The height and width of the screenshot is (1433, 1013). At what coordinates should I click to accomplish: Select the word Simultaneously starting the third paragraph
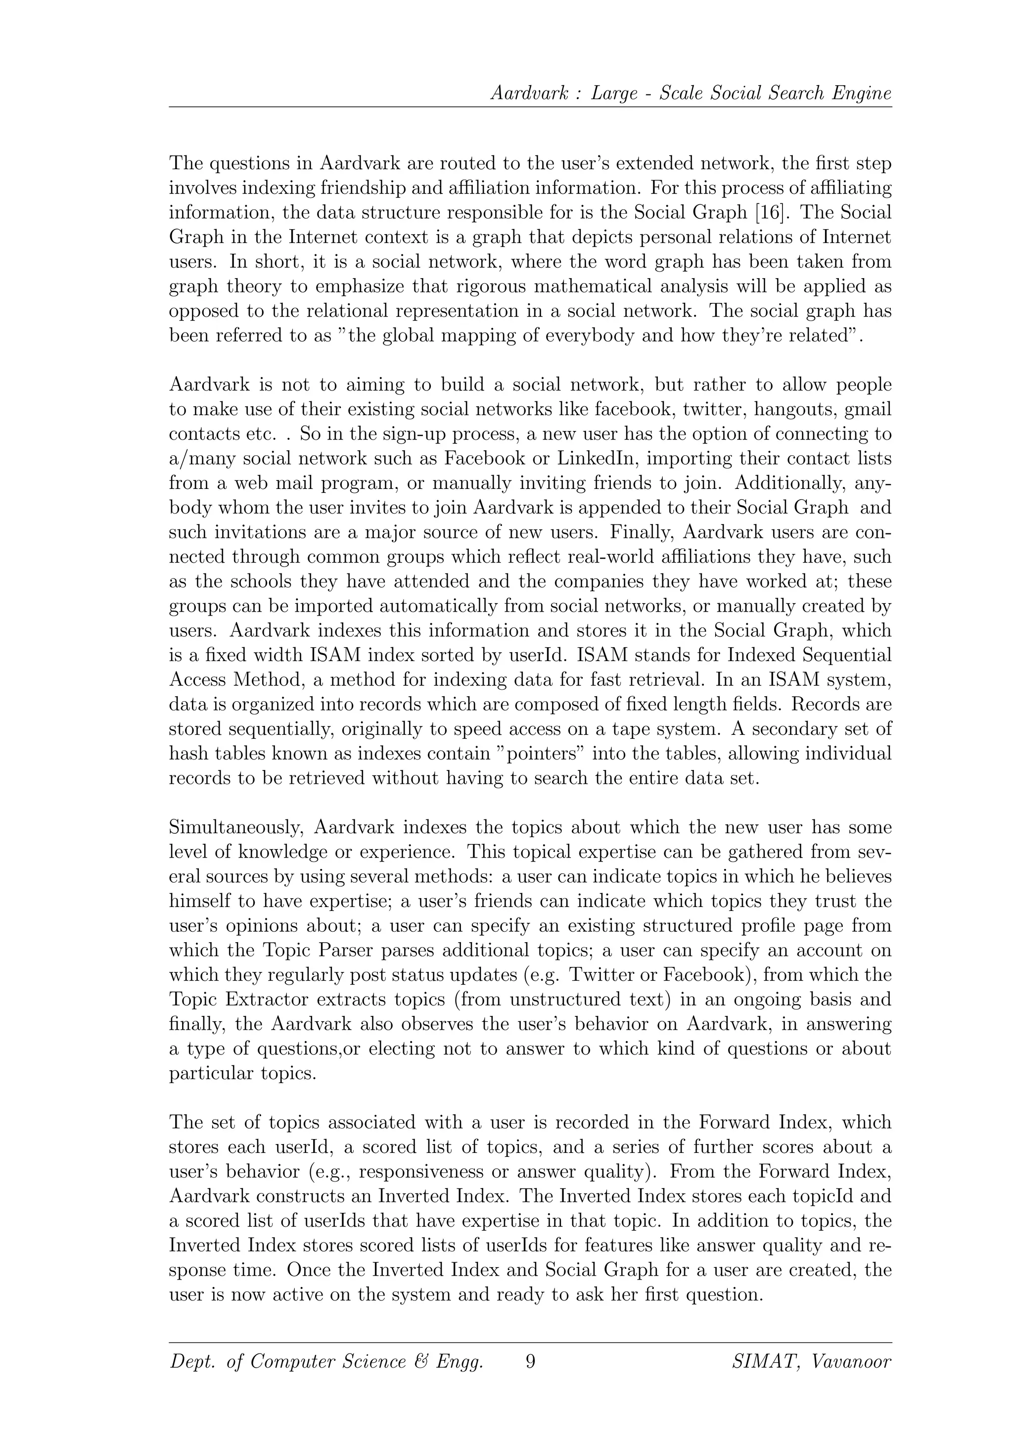tap(236, 828)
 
